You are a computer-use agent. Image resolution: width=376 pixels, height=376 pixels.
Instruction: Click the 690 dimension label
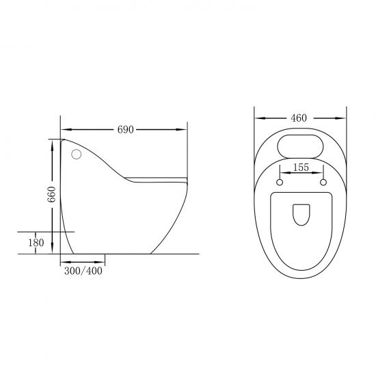(125, 130)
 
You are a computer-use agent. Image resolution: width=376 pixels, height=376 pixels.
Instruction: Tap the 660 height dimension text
(51, 194)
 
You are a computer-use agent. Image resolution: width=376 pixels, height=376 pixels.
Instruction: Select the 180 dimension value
(36, 243)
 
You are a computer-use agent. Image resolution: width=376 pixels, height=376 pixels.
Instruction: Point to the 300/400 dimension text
(83, 271)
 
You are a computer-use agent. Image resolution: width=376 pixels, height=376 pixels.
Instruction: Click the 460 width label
(299, 118)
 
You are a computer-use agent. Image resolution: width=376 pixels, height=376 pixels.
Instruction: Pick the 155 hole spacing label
(301, 167)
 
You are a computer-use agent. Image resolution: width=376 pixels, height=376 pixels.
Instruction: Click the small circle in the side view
(77, 155)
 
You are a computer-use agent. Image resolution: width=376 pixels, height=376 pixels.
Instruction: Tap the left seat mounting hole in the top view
(280, 183)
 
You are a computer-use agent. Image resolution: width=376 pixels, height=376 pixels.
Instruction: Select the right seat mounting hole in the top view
(323, 183)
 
